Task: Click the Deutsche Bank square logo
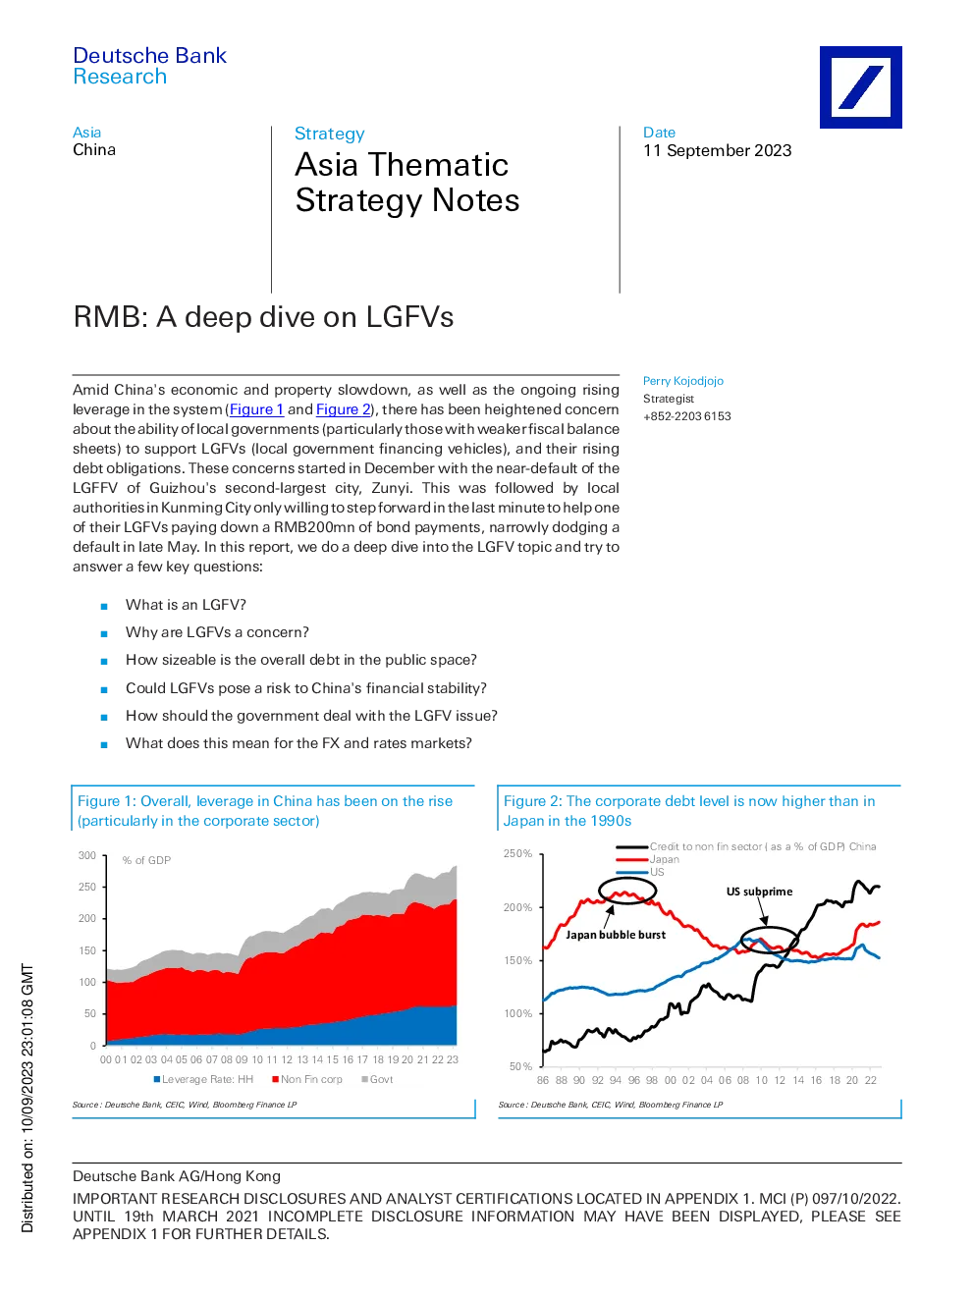point(860,87)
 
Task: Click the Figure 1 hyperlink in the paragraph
point(256,408)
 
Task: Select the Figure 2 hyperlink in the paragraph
point(344,408)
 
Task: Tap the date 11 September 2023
point(717,150)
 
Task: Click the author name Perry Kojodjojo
point(682,381)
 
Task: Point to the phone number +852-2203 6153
point(687,416)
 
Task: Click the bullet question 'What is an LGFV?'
point(186,605)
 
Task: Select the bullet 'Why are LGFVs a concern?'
point(217,632)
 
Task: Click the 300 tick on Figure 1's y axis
point(87,855)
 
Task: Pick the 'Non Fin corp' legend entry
point(307,1079)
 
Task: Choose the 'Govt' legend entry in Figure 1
point(377,1079)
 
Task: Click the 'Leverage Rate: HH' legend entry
point(203,1079)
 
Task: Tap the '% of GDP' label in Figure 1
point(146,860)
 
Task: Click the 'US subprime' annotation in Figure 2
point(759,892)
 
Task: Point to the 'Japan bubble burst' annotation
point(616,935)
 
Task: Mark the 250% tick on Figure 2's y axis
point(517,853)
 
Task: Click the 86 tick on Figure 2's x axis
point(543,1080)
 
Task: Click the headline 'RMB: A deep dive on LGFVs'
point(263,316)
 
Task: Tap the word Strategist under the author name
point(669,399)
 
